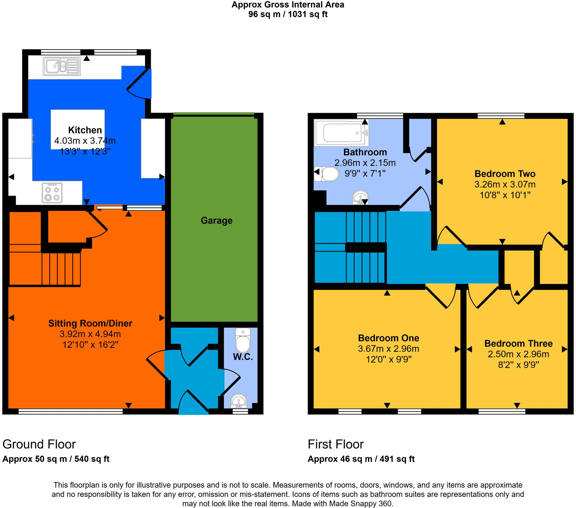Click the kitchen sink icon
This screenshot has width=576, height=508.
tap(62, 66)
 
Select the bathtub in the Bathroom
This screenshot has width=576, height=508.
tap(341, 133)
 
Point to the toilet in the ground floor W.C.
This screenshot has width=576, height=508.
tap(243, 341)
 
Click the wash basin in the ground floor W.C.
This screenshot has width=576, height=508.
tap(239, 401)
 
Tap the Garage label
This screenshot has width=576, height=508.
tap(216, 221)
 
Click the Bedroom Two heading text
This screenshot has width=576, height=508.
tap(505, 174)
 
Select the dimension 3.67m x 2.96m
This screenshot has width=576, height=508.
tap(389, 349)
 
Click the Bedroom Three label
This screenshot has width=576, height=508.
tap(518, 343)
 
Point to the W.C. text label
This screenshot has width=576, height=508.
tap(243, 357)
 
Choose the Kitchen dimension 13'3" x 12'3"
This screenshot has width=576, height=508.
tap(85, 151)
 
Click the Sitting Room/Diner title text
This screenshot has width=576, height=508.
tap(90, 323)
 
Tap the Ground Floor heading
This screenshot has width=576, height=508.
tap(39, 444)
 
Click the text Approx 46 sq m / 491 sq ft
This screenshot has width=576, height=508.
tap(361, 459)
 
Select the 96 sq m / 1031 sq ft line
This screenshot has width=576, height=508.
tap(288, 14)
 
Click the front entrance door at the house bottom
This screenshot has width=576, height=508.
tap(194, 404)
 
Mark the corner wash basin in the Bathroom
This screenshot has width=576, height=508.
tap(360, 197)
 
